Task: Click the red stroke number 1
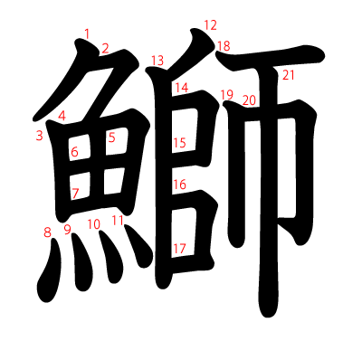click(87, 33)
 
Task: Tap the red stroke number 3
click(39, 136)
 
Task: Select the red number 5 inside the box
click(112, 137)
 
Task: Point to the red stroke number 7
click(75, 194)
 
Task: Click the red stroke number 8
click(47, 232)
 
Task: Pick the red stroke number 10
click(94, 224)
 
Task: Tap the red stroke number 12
click(211, 25)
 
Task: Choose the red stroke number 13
click(157, 61)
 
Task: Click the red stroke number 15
click(180, 143)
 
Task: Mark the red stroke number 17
click(179, 249)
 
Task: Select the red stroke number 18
click(224, 46)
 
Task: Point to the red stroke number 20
click(249, 100)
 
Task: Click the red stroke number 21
click(289, 75)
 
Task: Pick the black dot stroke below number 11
click(138, 245)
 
